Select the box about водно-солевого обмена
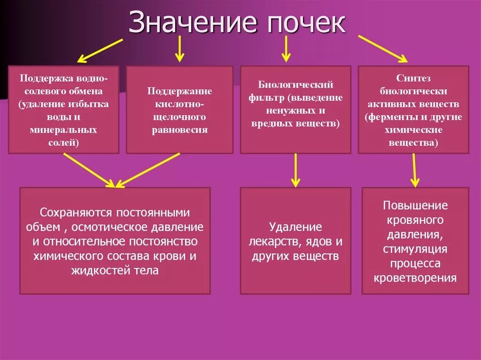tap(64, 109)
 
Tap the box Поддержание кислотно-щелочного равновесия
tap(179, 109)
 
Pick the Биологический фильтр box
tap(295, 109)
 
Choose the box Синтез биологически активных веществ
tap(413, 109)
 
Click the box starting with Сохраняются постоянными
tap(115, 241)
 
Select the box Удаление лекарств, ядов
tap(295, 241)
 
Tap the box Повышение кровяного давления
tap(415, 241)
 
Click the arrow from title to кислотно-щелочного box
tap(179, 49)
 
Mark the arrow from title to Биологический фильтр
tap(286, 49)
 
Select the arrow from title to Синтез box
tap(383, 48)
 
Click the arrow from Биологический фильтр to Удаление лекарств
tap(295, 170)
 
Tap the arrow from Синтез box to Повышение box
tap(414, 170)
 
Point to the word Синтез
tap(413, 78)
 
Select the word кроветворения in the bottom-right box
tap(415, 278)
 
